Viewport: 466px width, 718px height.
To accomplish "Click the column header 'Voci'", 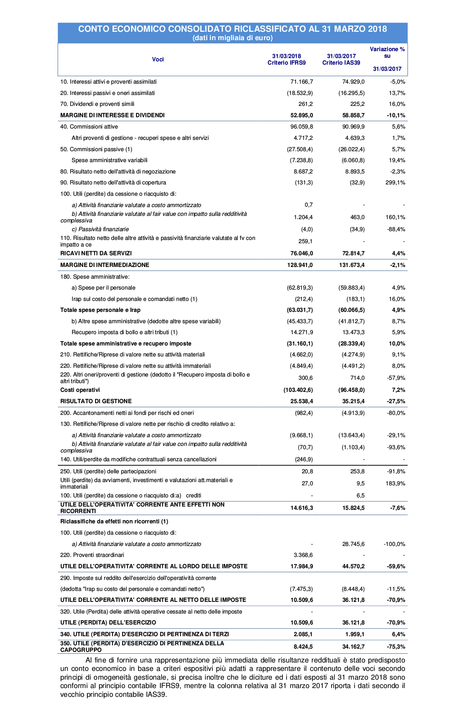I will click(x=158, y=60).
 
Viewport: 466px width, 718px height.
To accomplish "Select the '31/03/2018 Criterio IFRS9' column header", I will click(x=287, y=60).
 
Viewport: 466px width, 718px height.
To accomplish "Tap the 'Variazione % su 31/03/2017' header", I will click(x=387, y=59).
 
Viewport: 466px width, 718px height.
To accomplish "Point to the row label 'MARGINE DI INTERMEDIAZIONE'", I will click(x=105, y=265).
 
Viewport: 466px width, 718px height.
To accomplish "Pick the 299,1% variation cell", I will click(x=395, y=183).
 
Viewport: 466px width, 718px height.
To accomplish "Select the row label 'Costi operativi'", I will click(x=80, y=390).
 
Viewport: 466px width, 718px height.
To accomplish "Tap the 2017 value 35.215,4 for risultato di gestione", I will click(x=352, y=401).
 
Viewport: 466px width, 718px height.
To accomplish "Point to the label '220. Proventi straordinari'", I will click(x=92, y=555).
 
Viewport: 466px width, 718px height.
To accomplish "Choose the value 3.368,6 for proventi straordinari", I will click(x=303, y=555).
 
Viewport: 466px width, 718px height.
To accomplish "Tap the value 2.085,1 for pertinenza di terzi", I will click(x=303, y=634).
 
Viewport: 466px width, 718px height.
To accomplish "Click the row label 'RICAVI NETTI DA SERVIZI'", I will click(x=96, y=253).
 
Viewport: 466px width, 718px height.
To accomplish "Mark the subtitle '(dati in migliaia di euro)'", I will click(x=232, y=38).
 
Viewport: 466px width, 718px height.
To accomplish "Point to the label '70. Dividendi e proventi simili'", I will click(x=97, y=104).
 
